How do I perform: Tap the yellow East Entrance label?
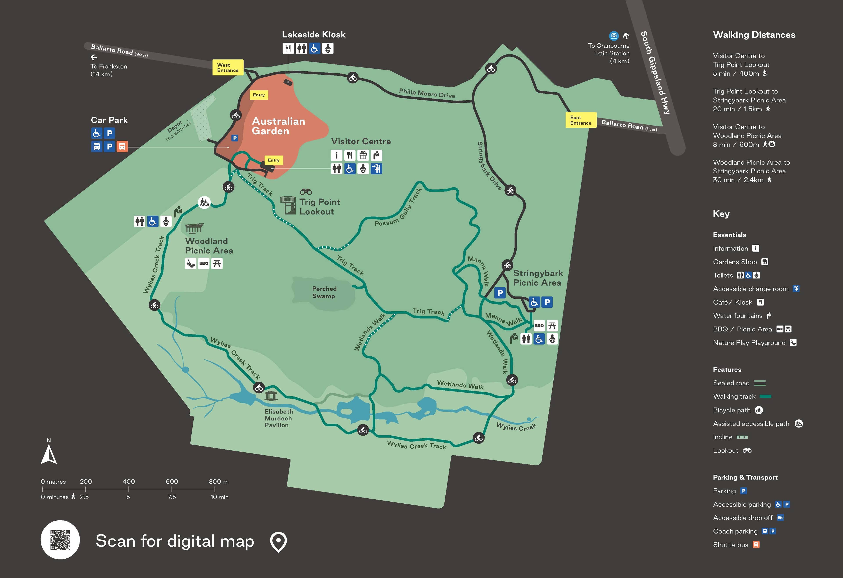[581, 120]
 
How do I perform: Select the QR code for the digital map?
[60, 540]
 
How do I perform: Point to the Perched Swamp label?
[324, 292]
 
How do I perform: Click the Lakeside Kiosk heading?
[313, 34]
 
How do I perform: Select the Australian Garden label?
[278, 126]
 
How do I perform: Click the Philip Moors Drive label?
[427, 93]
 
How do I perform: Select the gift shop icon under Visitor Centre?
[363, 156]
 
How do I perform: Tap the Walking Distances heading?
[754, 35]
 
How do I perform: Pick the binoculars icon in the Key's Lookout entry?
[747, 450]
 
